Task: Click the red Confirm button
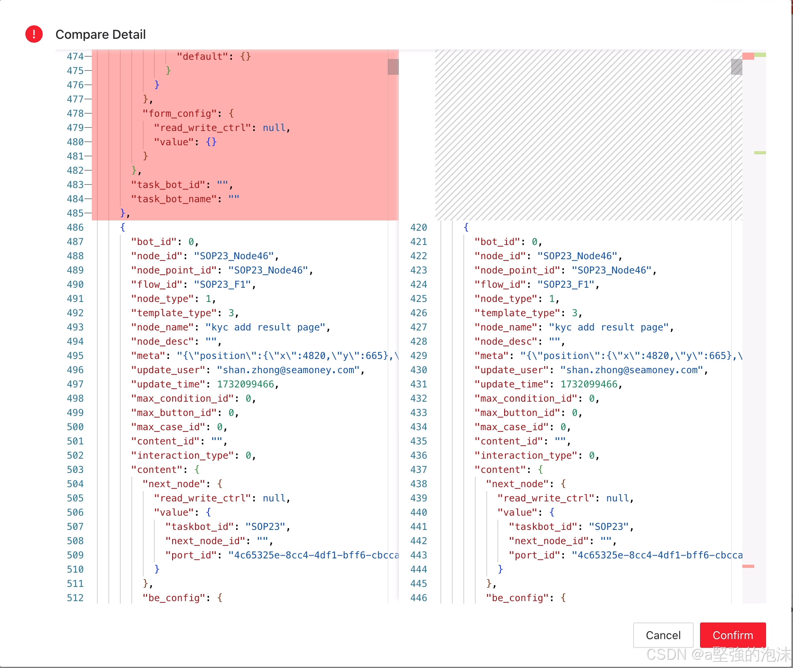(x=732, y=635)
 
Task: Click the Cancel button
(x=663, y=635)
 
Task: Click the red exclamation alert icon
(x=34, y=34)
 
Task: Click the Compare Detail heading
(x=101, y=34)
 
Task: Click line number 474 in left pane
(x=75, y=57)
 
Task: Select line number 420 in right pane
(x=418, y=228)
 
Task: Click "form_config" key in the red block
(x=180, y=114)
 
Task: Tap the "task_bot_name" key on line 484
(x=174, y=199)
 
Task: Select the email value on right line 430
(x=631, y=370)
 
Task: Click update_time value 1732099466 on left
(x=245, y=384)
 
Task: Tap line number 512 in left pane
(x=75, y=598)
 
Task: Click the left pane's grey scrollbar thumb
(x=393, y=67)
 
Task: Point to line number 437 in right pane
(x=418, y=470)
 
